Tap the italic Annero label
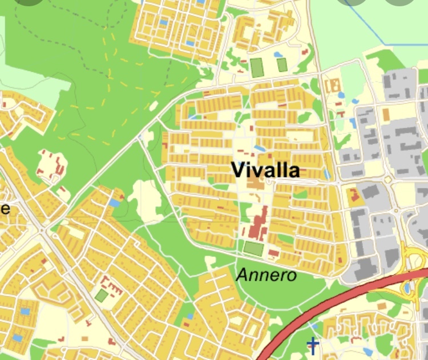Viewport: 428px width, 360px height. click(267, 275)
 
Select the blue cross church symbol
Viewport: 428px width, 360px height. click(312, 345)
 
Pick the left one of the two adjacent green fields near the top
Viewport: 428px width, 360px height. click(257, 67)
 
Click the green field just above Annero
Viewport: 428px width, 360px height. click(253, 249)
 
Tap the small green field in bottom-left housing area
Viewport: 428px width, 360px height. click(101, 296)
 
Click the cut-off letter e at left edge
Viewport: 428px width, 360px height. click(5, 208)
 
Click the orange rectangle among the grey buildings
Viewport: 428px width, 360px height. click(386, 115)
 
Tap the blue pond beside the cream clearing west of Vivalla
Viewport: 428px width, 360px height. click(115, 203)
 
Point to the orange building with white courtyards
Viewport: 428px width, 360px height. click(332, 86)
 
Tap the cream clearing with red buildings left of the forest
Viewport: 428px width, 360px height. click(52, 164)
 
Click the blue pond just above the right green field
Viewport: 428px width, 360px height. click(278, 55)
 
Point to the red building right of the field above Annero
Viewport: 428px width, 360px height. click(273, 252)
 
